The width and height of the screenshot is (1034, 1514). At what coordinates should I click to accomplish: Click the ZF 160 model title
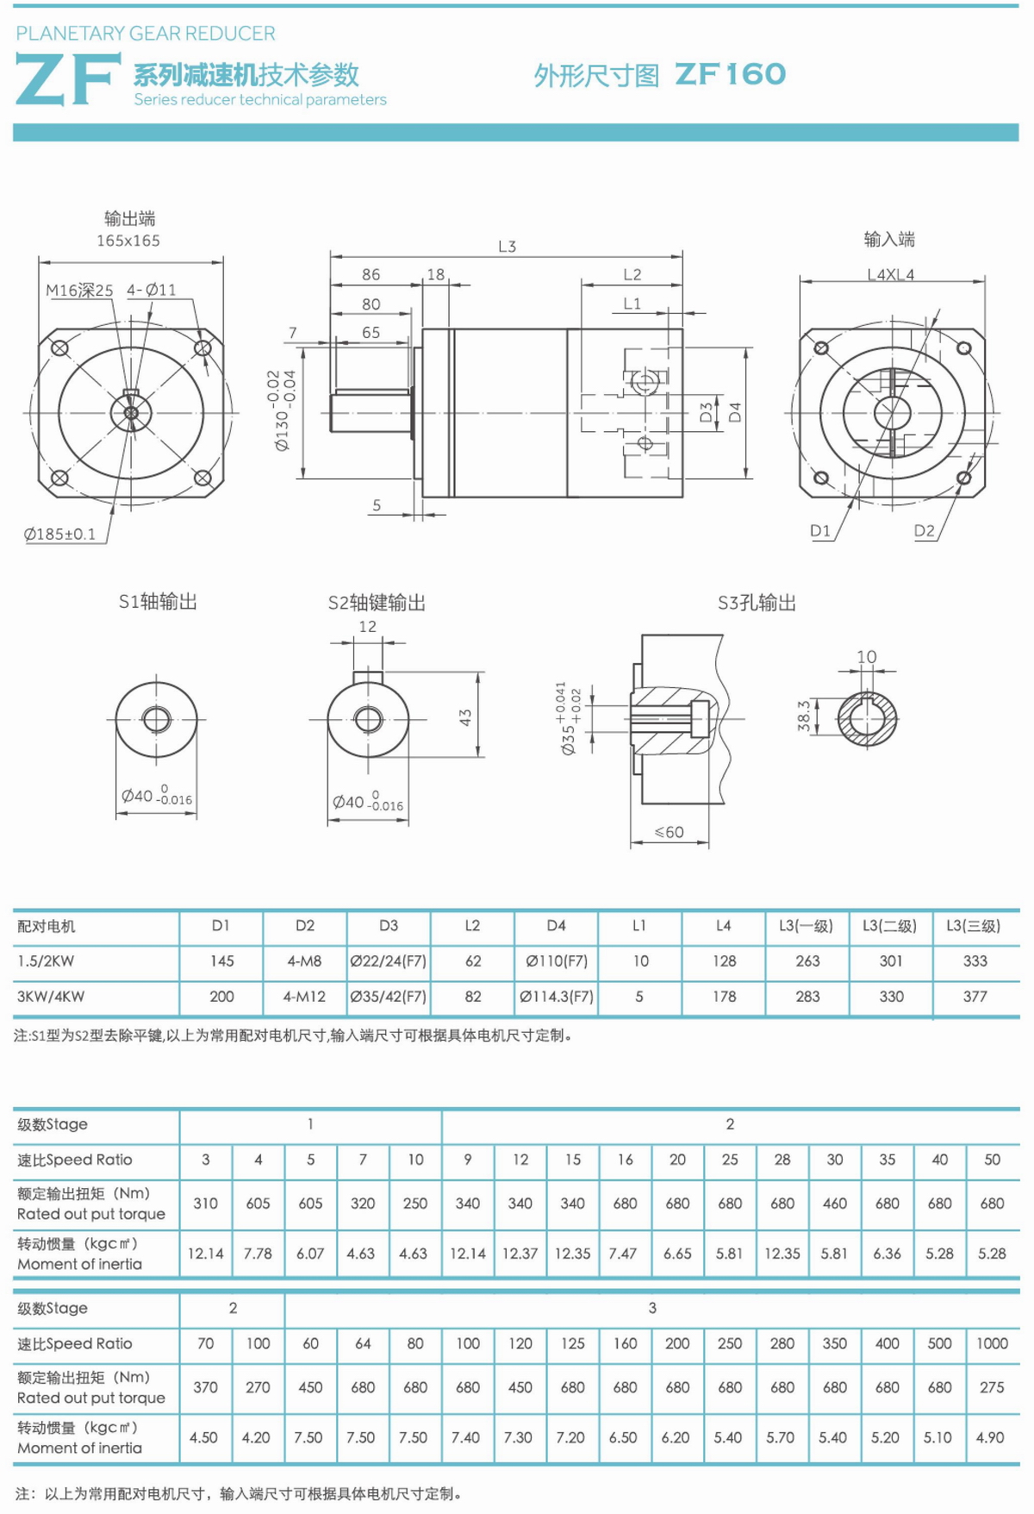(x=730, y=75)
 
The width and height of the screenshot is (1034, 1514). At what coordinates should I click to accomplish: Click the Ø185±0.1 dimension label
(x=59, y=535)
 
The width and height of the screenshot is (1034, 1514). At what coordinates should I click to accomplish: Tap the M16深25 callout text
(x=79, y=291)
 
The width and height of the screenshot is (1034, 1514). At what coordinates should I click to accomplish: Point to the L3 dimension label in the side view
(x=507, y=247)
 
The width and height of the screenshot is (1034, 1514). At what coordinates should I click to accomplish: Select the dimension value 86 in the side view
(x=371, y=274)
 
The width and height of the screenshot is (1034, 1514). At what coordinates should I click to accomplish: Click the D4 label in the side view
(x=735, y=412)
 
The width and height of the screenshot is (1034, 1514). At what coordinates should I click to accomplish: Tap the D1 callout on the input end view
(x=820, y=531)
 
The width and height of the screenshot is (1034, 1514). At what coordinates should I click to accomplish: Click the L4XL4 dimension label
(x=890, y=274)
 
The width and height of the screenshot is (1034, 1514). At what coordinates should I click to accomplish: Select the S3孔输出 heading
(x=757, y=603)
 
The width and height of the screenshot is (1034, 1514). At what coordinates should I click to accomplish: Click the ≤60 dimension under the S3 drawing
(x=669, y=832)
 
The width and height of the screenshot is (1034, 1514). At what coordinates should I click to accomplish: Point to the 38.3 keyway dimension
(x=804, y=716)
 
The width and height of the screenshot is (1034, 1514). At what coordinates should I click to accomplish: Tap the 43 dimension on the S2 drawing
(x=465, y=716)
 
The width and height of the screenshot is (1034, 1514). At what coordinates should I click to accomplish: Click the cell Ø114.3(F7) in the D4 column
(x=556, y=997)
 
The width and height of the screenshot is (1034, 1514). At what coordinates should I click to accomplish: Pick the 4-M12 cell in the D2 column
(x=304, y=997)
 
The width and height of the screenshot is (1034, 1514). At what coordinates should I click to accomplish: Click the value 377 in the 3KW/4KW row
(x=975, y=997)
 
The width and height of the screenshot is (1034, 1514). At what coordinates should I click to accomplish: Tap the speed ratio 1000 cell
(x=992, y=1343)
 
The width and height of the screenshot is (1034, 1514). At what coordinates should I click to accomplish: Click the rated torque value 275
(x=992, y=1387)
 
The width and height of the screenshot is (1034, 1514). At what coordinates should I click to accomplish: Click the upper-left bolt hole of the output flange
(x=59, y=348)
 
